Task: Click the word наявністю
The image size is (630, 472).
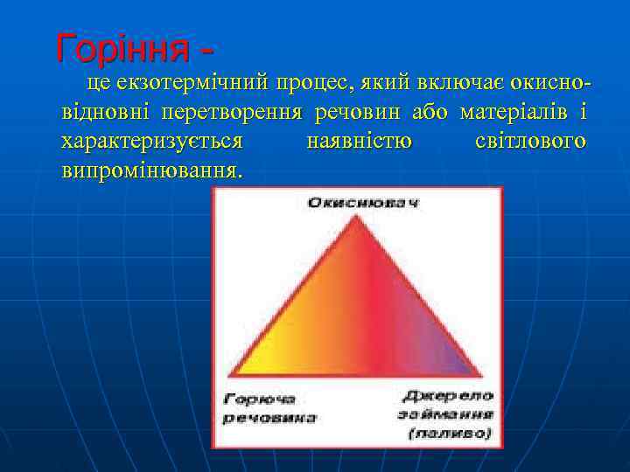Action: click(x=360, y=141)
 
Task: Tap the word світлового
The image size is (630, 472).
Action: click(x=529, y=141)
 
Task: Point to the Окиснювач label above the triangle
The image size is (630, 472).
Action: click(x=362, y=203)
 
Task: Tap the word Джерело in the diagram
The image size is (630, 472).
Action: click(x=450, y=396)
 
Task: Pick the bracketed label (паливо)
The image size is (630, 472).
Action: click(x=450, y=433)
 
